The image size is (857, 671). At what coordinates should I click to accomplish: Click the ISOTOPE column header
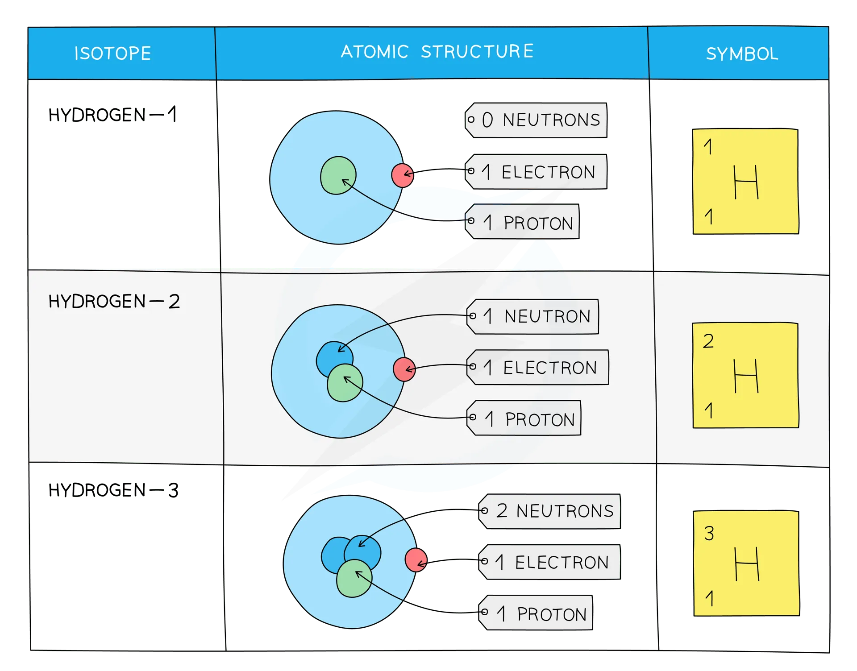click(x=112, y=54)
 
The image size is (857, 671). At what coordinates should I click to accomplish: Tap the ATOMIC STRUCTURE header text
click(x=437, y=52)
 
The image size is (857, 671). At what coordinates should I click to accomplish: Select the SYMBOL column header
click(x=742, y=54)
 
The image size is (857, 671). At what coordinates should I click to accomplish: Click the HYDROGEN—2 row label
click(x=114, y=302)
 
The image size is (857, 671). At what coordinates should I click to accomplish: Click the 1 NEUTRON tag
click(x=533, y=316)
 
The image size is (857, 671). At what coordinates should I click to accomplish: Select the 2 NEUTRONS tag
click(x=550, y=511)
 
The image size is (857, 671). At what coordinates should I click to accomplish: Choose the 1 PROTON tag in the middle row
click(x=524, y=418)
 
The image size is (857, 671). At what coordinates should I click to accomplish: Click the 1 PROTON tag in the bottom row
click(x=536, y=613)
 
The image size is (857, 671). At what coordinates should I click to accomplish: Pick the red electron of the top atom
click(x=402, y=175)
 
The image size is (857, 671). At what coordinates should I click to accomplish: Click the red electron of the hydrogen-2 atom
click(x=404, y=369)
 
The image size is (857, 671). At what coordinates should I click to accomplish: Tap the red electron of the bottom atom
click(x=416, y=560)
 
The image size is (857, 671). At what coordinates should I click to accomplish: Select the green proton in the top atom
click(x=338, y=175)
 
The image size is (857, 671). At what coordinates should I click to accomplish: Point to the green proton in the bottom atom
click(x=354, y=579)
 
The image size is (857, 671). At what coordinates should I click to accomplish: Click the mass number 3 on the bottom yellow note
click(x=709, y=533)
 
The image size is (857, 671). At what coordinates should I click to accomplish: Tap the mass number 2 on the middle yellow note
click(x=708, y=341)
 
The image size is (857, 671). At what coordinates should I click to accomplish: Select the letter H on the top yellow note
click(x=746, y=182)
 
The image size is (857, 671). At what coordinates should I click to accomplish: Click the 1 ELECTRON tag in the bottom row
click(x=550, y=562)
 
